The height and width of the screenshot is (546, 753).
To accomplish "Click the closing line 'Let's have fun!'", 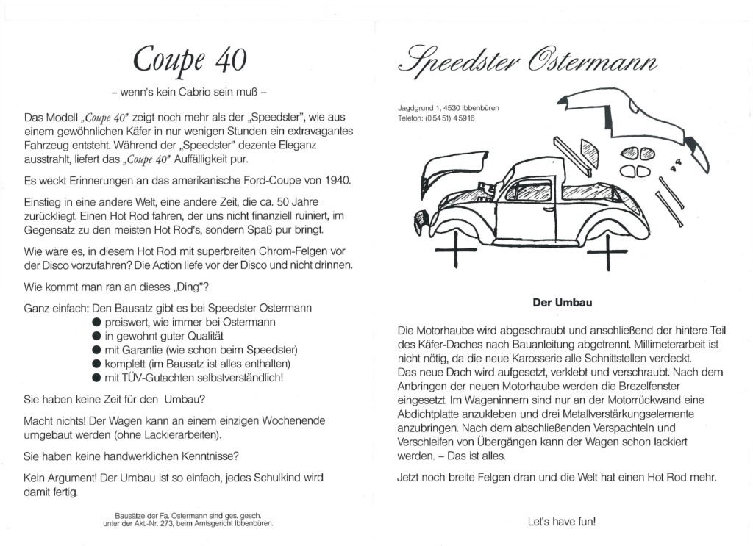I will tap(561, 522).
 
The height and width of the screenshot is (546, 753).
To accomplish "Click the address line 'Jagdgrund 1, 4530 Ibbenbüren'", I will tap(449, 108).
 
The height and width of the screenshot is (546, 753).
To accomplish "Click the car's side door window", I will tap(527, 191).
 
